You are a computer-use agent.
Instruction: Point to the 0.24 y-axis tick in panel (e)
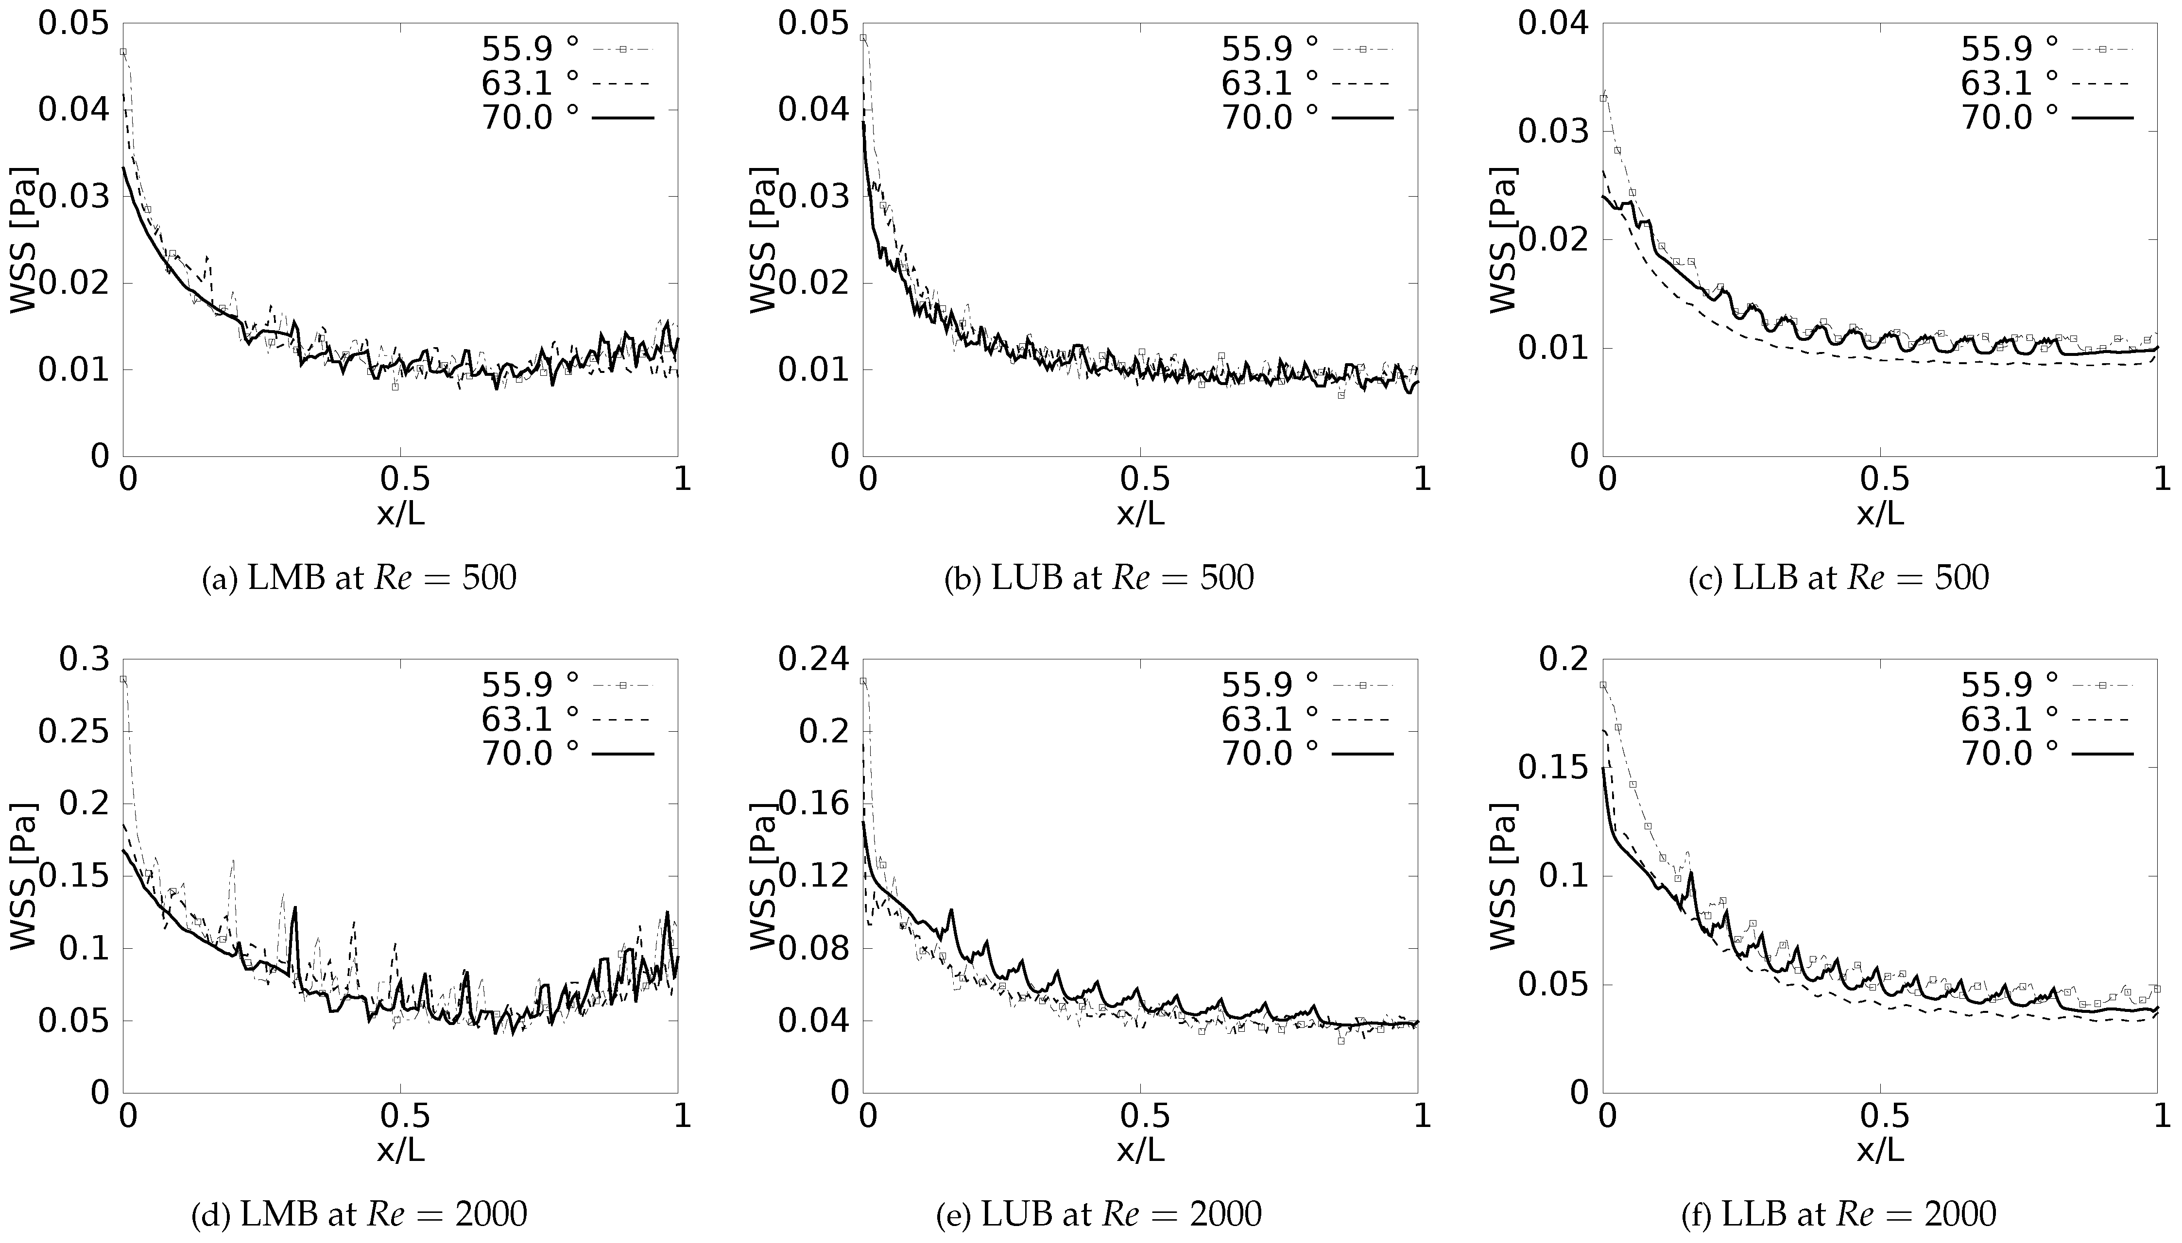click(x=812, y=660)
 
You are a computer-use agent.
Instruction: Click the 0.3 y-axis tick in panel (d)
click(x=84, y=660)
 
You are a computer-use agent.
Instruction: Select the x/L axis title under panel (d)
click(x=400, y=1150)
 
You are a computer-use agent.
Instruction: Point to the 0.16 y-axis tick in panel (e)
click(x=812, y=804)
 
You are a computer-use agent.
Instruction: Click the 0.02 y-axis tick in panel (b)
click(x=812, y=284)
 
